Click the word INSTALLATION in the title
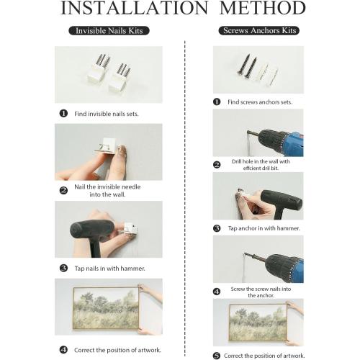(x=134, y=8)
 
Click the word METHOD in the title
(x=262, y=8)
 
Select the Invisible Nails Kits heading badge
(x=109, y=31)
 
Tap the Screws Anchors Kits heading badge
(x=259, y=30)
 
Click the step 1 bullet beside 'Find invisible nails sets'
(x=63, y=113)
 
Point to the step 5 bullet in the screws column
(x=217, y=356)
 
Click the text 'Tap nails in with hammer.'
(x=109, y=268)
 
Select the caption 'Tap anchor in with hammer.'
(x=264, y=228)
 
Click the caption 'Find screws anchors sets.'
(x=260, y=102)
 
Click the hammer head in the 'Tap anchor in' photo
(x=282, y=199)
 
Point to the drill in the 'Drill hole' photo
(x=276, y=142)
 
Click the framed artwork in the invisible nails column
(x=107, y=308)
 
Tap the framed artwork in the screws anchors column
(x=258, y=323)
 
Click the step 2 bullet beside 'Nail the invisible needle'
(x=63, y=191)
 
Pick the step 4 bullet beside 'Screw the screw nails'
(x=217, y=292)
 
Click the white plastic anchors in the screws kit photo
(x=266, y=74)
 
